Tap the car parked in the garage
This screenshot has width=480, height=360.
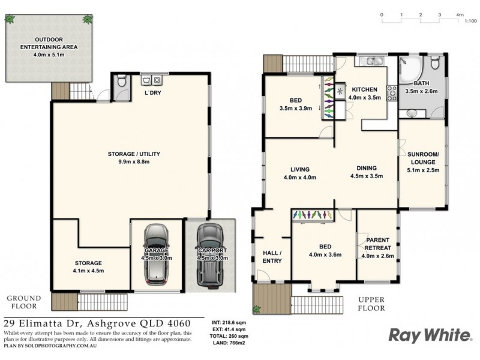pyautogui.click(x=157, y=255)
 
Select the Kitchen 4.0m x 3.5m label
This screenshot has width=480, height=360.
pyautogui.click(x=364, y=93)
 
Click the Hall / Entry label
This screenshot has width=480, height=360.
pyautogui.click(x=272, y=256)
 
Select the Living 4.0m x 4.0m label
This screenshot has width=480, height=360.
pyautogui.click(x=299, y=173)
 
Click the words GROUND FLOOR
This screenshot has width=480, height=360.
pyautogui.click(x=23, y=302)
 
